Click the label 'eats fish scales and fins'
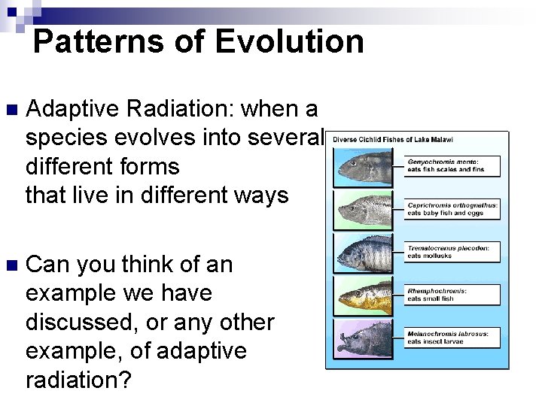click(x=446, y=170)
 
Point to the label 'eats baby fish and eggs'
click(x=446, y=214)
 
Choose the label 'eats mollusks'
click(x=430, y=256)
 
